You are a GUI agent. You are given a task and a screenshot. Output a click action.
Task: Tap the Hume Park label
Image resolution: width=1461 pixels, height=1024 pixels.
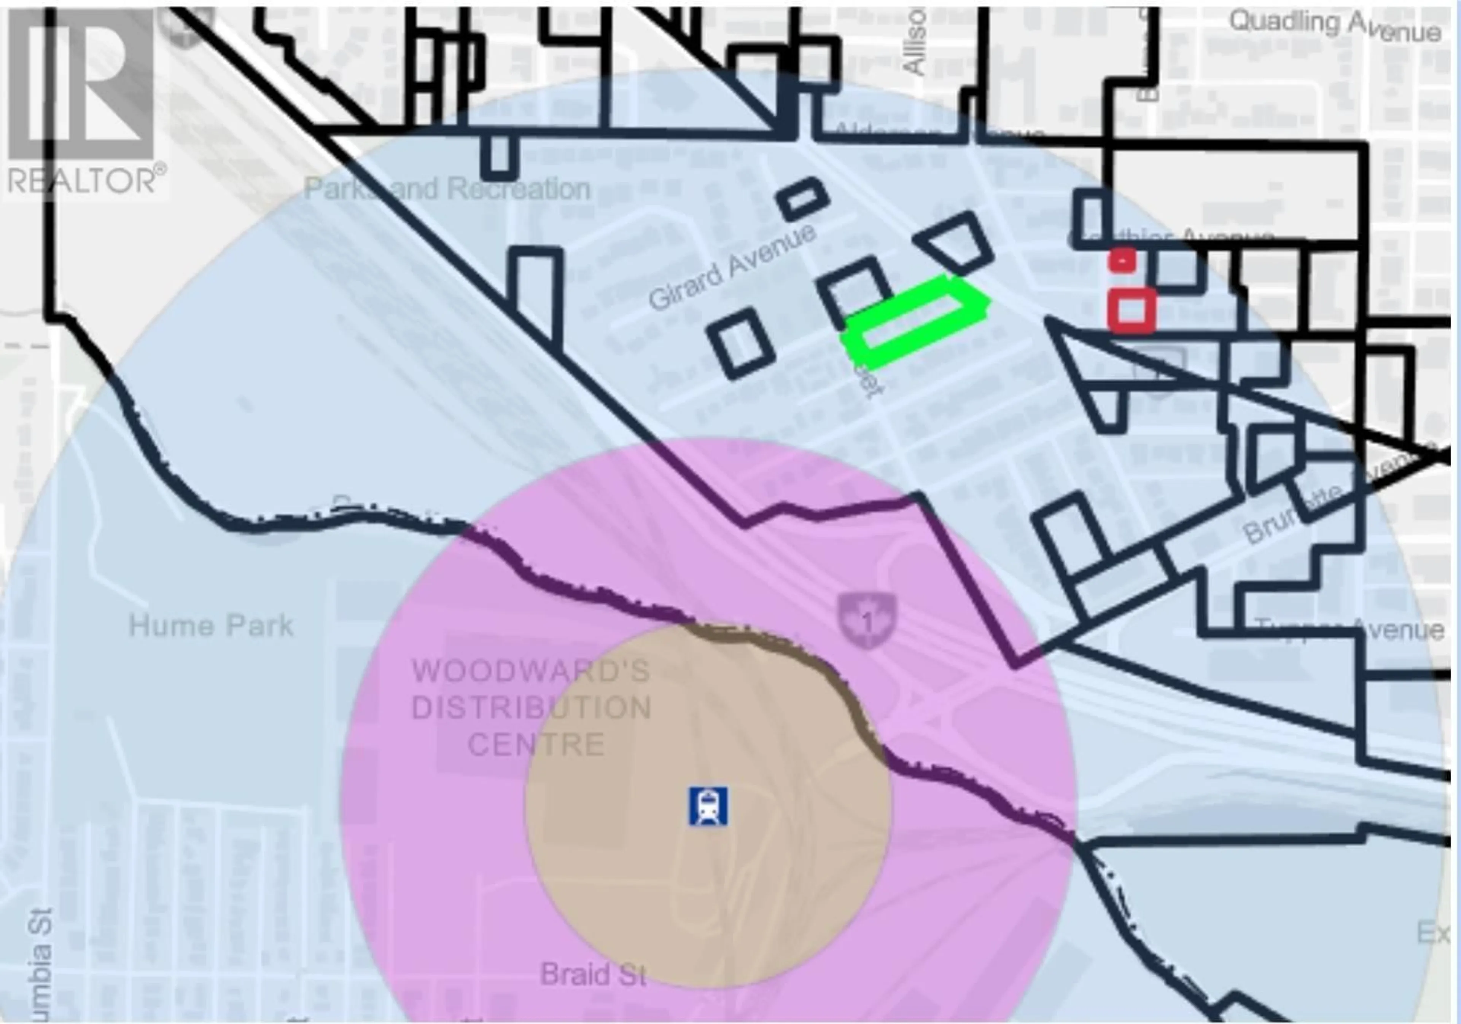pyautogui.click(x=211, y=626)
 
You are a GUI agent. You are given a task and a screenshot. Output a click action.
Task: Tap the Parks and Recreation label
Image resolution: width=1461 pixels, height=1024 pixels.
pyautogui.click(x=447, y=188)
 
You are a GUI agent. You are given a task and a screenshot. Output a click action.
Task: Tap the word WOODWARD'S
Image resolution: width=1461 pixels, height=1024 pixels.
pyautogui.click(x=532, y=671)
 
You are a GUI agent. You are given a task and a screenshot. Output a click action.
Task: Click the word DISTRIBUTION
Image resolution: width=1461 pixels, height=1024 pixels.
pyautogui.click(x=532, y=708)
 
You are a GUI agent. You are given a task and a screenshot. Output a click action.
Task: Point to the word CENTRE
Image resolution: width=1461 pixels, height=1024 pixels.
pyautogui.click(x=536, y=745)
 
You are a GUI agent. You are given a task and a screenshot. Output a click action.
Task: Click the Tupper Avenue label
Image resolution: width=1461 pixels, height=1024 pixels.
pyautogui.click(x=1349, y=629)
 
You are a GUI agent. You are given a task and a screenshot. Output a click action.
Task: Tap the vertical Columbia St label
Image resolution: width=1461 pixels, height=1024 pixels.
pyautogui.click(x=40, y=962)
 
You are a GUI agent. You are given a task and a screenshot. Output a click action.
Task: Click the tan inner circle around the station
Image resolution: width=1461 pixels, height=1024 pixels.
pyautogui.click(x=636, y=879)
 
